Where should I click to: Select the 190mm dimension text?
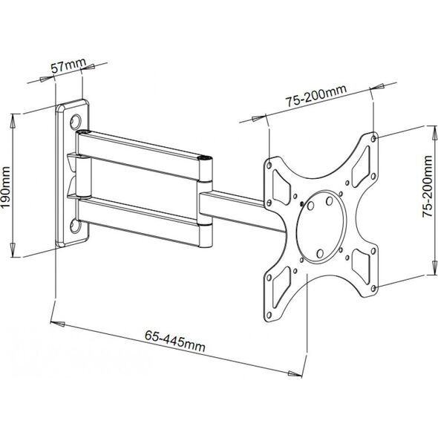(6, 187)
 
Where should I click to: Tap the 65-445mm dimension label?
(175, 341)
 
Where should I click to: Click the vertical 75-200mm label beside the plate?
(428, 186)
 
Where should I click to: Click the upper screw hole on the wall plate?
(76, 121)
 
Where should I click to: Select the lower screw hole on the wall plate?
(76, 226)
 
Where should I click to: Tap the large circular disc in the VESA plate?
(320, 227)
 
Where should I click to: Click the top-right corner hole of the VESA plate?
(374, 138)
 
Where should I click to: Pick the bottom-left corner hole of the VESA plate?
(269, 316)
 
